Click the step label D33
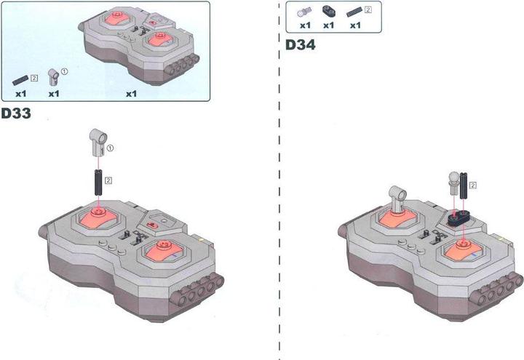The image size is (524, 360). tap(16, 113)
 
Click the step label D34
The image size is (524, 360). tap(300, 45)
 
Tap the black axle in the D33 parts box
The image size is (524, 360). tap(20, 80)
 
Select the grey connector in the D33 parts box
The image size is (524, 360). tap(53, 78)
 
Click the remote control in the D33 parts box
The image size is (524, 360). tap(139, 45)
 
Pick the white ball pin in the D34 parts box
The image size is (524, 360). tap(304, 12)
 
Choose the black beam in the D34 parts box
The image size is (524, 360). tap(328, 12)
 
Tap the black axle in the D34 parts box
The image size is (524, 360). tap(354, 12)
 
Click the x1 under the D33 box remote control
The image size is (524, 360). tap(131, 94)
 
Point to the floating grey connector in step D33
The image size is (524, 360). tap(99, 143)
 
